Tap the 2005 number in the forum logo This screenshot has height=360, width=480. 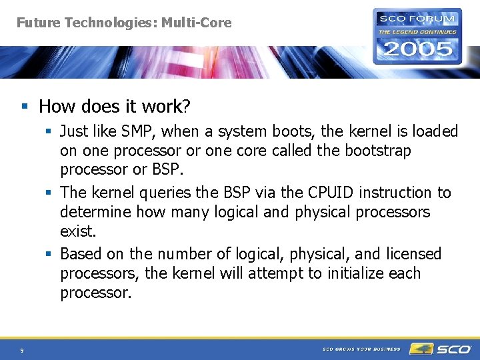(x=417, y=48)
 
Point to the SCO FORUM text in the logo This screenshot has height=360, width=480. (x=418, y=19)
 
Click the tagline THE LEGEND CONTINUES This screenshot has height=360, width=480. (x=417, y=31)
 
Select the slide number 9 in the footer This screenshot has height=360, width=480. (x=22, y=350)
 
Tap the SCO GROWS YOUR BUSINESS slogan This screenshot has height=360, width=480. (x=361, y=349)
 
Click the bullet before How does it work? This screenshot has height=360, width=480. (x=24, y=107)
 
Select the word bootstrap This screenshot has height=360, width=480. (x=378, y=151)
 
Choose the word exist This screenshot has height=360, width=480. (x=78, y=231)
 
